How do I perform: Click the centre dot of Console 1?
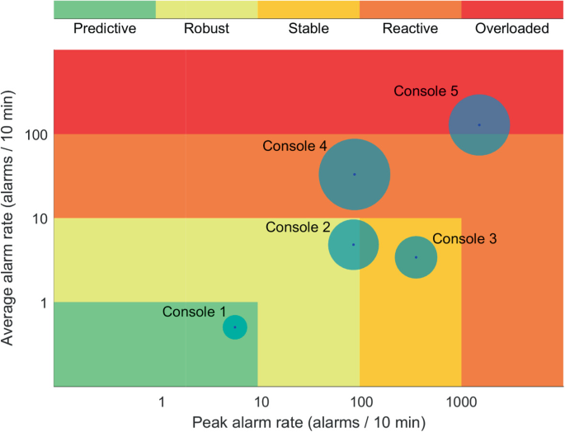[x=235, y=327]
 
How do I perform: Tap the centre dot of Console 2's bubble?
[x=354, y=244]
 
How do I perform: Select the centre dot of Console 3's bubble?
[x=416, y=257]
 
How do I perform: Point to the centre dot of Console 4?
[x=355, y=174]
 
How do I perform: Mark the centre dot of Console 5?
[x=478, y=125]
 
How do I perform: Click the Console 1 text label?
[x=194, y=312]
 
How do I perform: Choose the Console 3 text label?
[x=464, y=239]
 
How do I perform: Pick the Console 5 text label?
[x=426, y=91]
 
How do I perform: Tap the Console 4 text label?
[x=294, y=146]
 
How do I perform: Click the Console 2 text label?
[x=298, y=227]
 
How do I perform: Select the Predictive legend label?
[x=105, y=29]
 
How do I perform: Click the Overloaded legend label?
[x=512, y=29]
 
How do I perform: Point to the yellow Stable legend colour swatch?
[x=308, y=9]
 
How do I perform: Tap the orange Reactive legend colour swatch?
[x=410, y=9]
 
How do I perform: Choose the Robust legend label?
[x=206, y=29]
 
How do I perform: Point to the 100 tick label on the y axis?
[x=33, y=134]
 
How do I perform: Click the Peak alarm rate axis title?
[x=308, y=422]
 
